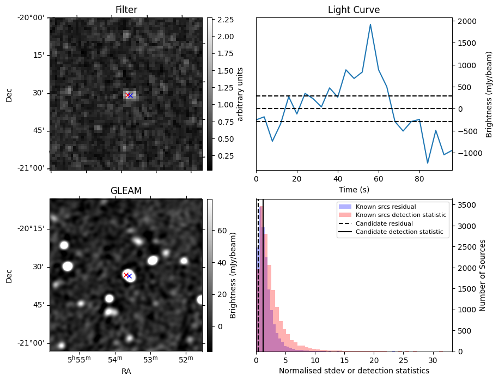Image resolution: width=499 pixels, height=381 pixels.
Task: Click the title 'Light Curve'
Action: click(x=354, y=10)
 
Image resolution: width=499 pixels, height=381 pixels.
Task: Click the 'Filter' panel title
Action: click(x=126, y=10)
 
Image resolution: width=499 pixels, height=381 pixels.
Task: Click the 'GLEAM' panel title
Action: click(x=126, y=191)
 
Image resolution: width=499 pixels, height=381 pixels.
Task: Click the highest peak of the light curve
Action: click(x=370, y=25)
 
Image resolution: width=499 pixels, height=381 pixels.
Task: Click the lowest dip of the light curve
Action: click(x=428, y=163)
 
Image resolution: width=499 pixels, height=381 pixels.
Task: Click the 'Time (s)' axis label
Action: click(x=354, y=189)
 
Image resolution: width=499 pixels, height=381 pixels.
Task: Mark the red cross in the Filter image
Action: click(x=127, y=95)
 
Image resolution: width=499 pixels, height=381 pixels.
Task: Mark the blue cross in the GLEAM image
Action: click(x=129, y=276)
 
